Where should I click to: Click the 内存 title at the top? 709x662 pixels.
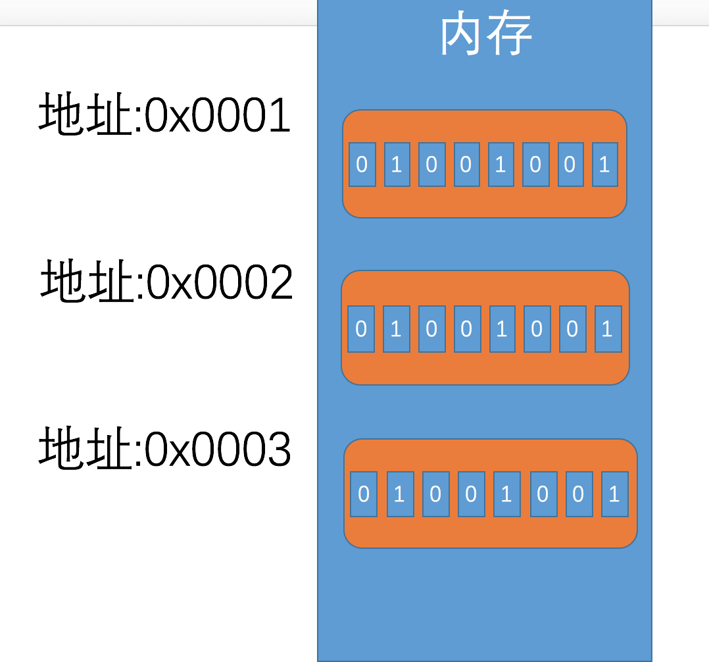pos(486,34)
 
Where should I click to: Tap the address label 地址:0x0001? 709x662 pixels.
pos(164,115)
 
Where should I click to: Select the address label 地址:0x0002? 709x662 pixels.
pos(166,282)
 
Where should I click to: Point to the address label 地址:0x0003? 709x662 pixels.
pos(164,449)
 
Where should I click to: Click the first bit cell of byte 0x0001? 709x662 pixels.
pos(362,165)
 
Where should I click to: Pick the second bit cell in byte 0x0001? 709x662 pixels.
pos(397,165)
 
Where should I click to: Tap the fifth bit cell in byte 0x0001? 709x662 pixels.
pos(501,165)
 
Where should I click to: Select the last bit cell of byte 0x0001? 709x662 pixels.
pos(604,165)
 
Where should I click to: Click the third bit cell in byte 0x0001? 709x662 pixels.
pos(431,165)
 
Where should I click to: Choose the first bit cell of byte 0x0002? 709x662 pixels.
pos(361,328)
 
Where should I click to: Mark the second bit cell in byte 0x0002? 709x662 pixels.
pos(396,328)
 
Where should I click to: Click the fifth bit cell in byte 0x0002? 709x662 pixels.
pos(502,328)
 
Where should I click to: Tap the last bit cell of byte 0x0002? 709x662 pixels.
pos(607,328)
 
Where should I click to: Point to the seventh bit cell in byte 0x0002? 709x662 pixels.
pos(572,328)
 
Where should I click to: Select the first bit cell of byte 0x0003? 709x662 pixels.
pos(364,494)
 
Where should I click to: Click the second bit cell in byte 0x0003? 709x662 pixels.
pos(399,494)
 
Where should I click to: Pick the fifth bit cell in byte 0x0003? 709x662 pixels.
pos(506,494)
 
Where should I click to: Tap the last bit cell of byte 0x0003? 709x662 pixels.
pos(614,494)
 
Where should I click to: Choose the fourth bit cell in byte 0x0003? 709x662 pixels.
pos(471,494)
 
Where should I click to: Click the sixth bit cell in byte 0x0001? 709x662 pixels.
pos(535,165)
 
